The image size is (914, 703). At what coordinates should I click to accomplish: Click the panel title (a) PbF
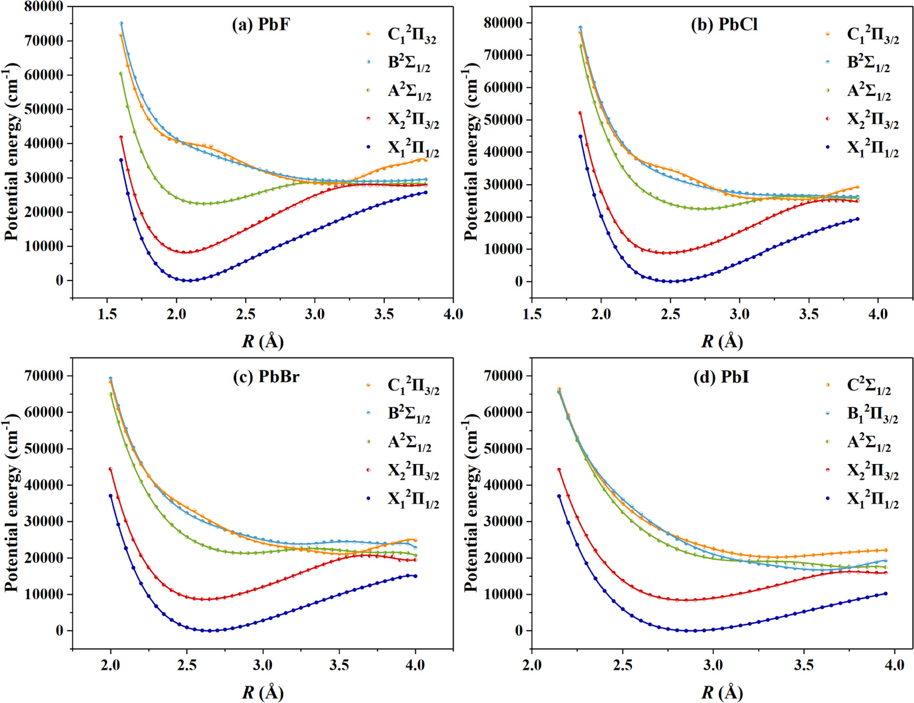pyautogui.click(x=260, y=24)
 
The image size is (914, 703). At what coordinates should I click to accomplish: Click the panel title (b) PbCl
pyautogui.click(x=724, y=24)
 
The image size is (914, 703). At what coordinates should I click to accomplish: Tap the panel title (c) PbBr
pyautogui.click(x=266, y=377)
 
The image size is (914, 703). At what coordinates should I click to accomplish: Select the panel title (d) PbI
pyautogui.click(x=721, y=377)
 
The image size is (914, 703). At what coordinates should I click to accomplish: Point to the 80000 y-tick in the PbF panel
pyautogui.click(x=44, y=7)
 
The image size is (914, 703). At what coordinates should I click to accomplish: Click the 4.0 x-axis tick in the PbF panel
pyautogui.click(x=453, y=314)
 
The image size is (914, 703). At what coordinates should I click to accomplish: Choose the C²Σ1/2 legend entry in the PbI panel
pyautogui.click(x=869, y=386)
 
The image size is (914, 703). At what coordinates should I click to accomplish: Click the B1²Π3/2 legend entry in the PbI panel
pyautogui.click(x=872, y=415)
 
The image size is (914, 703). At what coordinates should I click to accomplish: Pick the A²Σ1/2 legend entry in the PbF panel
pyautogui.click(x=409, y=91)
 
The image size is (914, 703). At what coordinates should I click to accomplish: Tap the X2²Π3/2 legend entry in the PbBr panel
pyautogui.click(x=413, y=471)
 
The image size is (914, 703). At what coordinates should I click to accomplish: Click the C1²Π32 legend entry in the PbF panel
pyautogui.click(x=411, y=35)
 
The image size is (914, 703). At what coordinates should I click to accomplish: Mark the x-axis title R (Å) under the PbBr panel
pyautogui.click(x=262, y=692)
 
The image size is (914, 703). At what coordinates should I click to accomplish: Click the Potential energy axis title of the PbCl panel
pyautogui.click(x=471, y=152)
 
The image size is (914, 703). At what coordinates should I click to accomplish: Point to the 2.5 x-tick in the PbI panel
pyautogui.click(x=622, y=665)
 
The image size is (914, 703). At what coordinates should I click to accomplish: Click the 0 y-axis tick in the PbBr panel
pyautogui.click(x=59, y=631)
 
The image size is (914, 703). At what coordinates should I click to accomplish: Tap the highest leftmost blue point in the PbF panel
pyautogui.click(x=121, y=23)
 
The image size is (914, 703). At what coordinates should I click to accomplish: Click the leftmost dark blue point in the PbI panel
pyautogui.click(x=559, y=496)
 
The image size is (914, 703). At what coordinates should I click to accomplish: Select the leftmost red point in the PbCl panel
pyautogui.click(x=580, y=113)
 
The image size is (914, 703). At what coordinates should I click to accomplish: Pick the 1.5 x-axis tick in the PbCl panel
pyautogui.click(x=532, y=314)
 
